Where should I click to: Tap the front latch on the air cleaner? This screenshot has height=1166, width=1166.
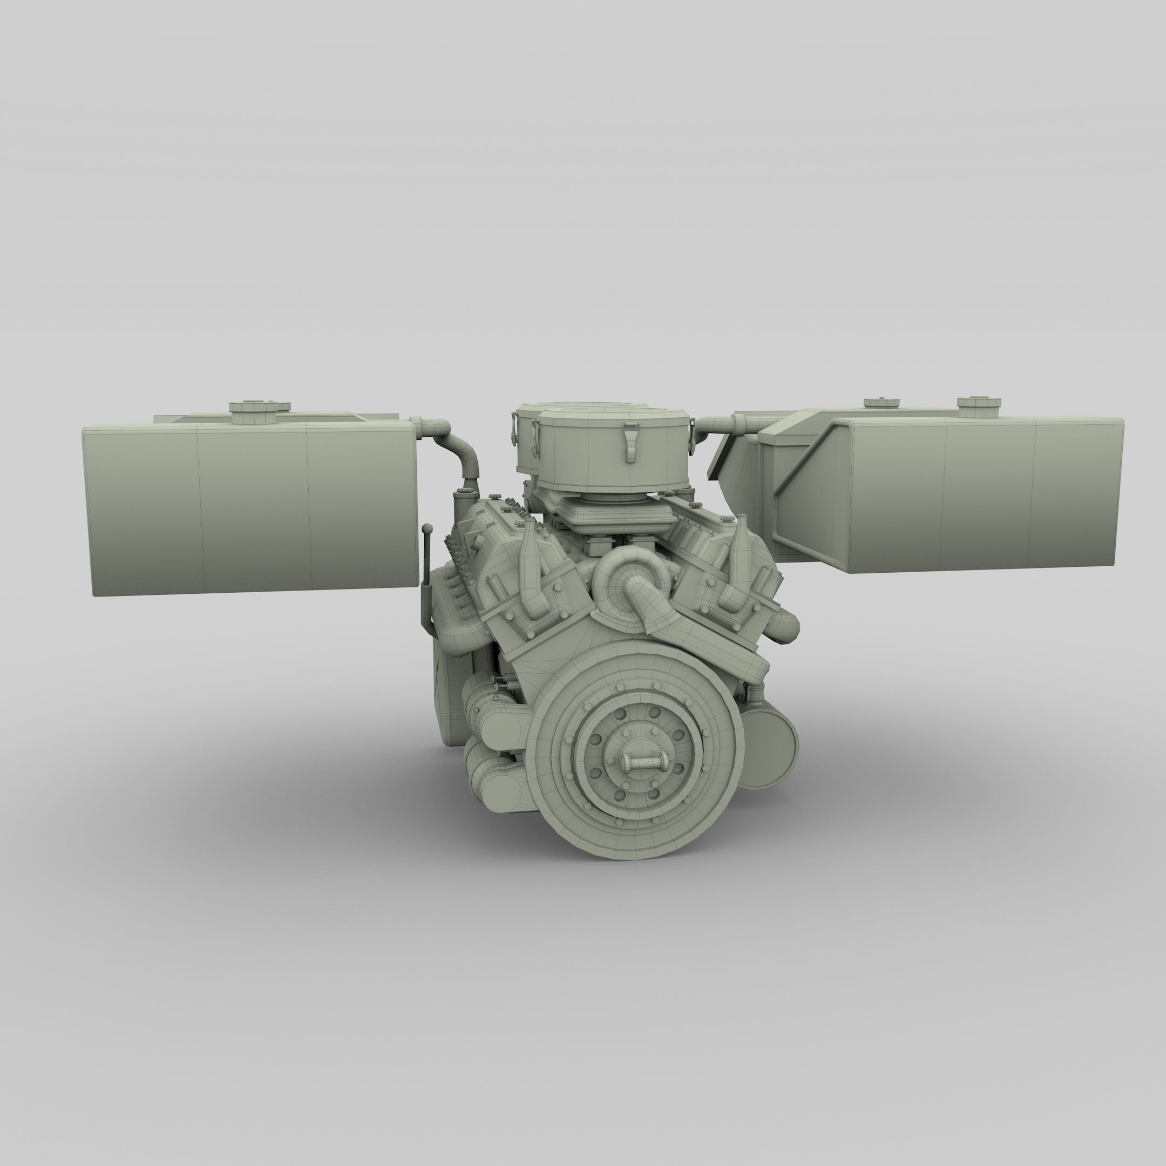[x=631, y=439]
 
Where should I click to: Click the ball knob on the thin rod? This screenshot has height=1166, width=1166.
[x=428, y=528]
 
